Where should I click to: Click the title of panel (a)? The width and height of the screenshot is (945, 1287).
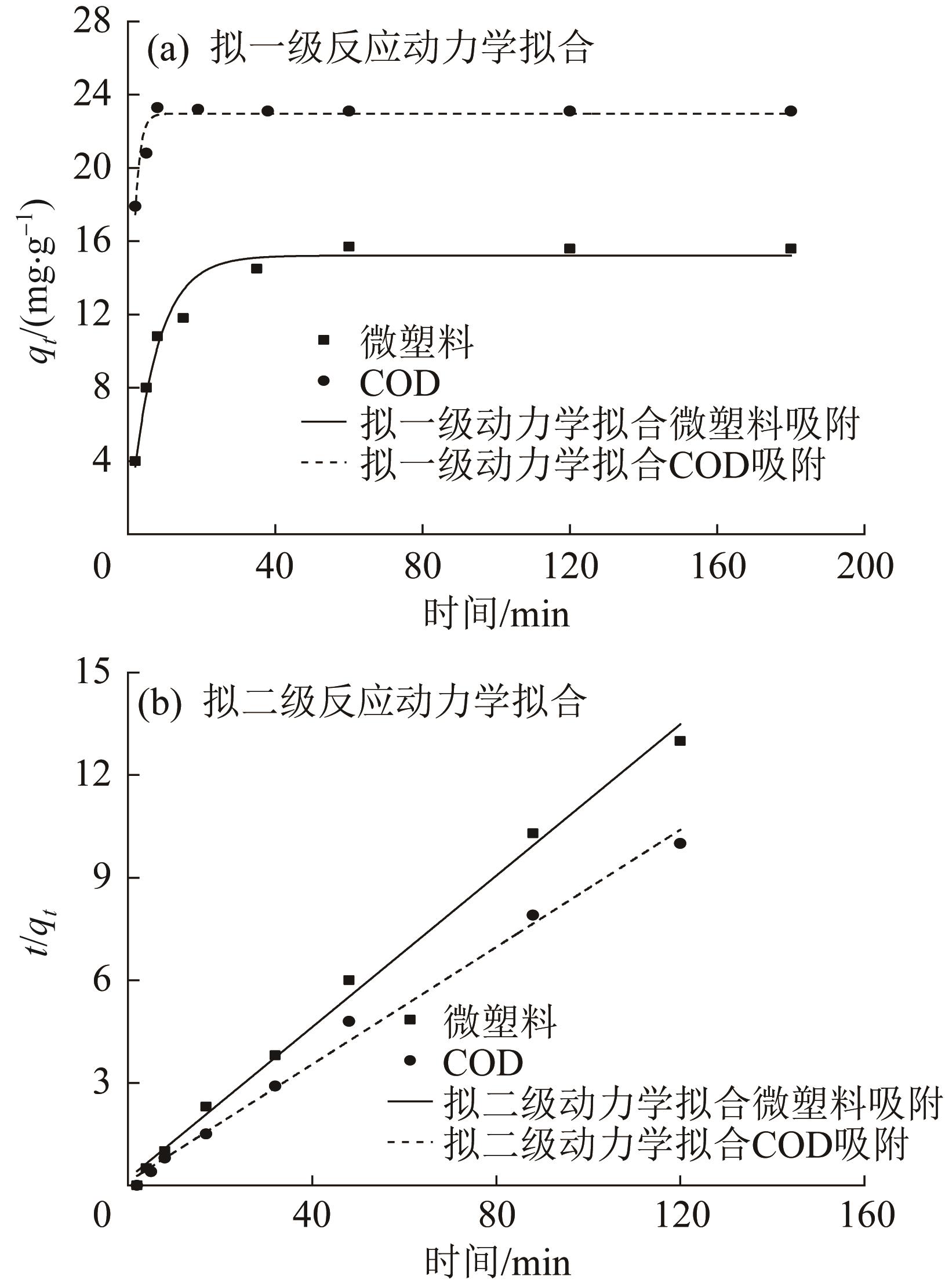370,49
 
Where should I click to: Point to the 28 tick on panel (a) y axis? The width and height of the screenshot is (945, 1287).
92,22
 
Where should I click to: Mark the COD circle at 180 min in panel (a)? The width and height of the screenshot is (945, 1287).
791,111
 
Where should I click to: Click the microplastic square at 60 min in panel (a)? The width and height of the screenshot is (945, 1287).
349,247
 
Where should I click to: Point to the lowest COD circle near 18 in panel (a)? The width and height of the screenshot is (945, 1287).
135,206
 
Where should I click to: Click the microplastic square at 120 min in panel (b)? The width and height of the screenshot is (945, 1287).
680,741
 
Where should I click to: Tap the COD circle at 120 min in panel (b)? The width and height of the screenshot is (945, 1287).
680,843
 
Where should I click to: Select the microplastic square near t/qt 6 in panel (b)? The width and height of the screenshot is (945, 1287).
349,980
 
